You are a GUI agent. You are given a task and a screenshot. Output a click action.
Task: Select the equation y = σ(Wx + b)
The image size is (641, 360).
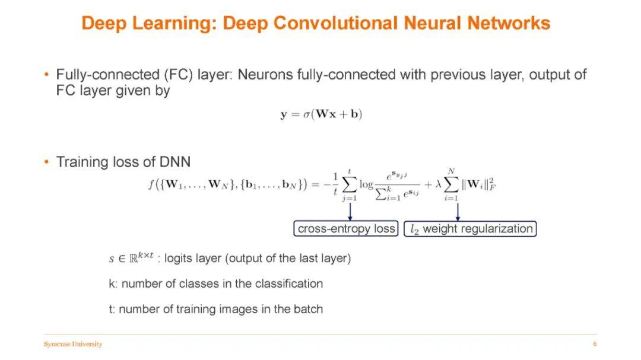pyautogui.click(x=321, y=114)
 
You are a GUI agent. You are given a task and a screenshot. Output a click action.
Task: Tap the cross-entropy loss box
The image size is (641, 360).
pyautogui.click(x=346, y=229)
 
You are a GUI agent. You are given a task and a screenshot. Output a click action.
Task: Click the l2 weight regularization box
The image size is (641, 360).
pyautogui.click(x=470, y=229)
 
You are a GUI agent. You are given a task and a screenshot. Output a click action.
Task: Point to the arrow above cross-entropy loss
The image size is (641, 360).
pyautogui.click(x=350, y=211)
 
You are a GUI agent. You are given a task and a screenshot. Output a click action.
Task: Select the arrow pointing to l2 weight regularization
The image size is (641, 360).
pyautogui.click(x=457, y=211)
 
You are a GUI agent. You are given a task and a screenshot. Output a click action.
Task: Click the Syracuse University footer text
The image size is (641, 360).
pyautogui.click(x=73, y=344)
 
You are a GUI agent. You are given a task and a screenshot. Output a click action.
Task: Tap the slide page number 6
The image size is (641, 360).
pyautogui.click(x=595, y=344)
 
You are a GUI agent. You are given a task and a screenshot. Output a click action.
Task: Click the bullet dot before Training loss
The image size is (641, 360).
pyautogui.click(x=46, y=162)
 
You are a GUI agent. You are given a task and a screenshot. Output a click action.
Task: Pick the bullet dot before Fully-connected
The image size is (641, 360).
pyautogui.click(x=46, y=75)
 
